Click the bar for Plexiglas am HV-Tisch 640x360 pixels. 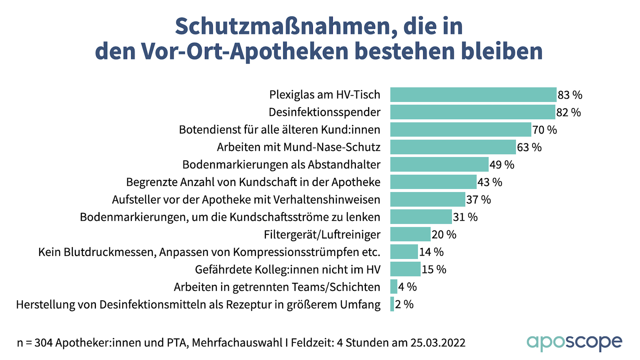click(x=473, y=95)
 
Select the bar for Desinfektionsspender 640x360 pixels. click(x=472, y=112)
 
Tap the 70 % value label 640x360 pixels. click(x=544, y=130)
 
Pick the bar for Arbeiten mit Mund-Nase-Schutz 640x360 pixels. click(x=453, y=147)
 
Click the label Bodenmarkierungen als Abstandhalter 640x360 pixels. click(x=281, y=165)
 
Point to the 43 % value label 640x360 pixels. click(x=490, y=182)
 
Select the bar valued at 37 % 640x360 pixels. click(x=428, y=200)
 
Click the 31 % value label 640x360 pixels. click(x=465, y=217)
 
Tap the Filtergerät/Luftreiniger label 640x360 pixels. click(x=322, y=235)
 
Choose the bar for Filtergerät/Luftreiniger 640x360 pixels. click(x=410, y=234)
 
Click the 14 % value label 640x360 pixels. click(x=431, y=252)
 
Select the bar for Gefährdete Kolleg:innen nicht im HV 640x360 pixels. click(x=405, y=269)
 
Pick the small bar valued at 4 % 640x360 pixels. click(x=394, y=287)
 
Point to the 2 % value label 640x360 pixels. click(x=404, y=304)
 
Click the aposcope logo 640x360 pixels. click(x=574, y=342)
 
